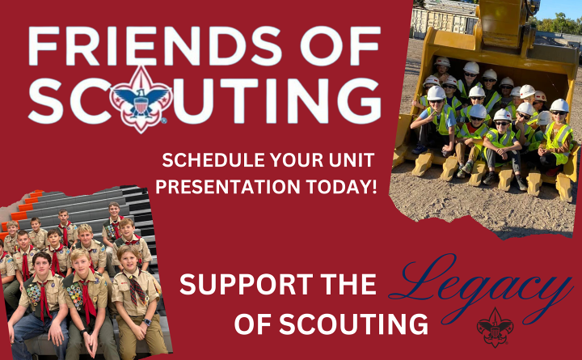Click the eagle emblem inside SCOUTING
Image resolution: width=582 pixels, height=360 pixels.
pos(141,100)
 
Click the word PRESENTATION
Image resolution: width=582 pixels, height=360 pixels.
pos(228,187)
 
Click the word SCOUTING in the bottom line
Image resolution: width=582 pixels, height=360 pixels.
pos(353,324)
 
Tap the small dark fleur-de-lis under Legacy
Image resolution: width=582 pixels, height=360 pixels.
pos(495,327)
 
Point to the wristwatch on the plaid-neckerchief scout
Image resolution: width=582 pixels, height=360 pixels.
pos(147,322)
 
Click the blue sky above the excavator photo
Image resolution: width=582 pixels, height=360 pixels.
pos(558,8)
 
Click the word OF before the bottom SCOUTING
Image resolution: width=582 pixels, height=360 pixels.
pos(254,324)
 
